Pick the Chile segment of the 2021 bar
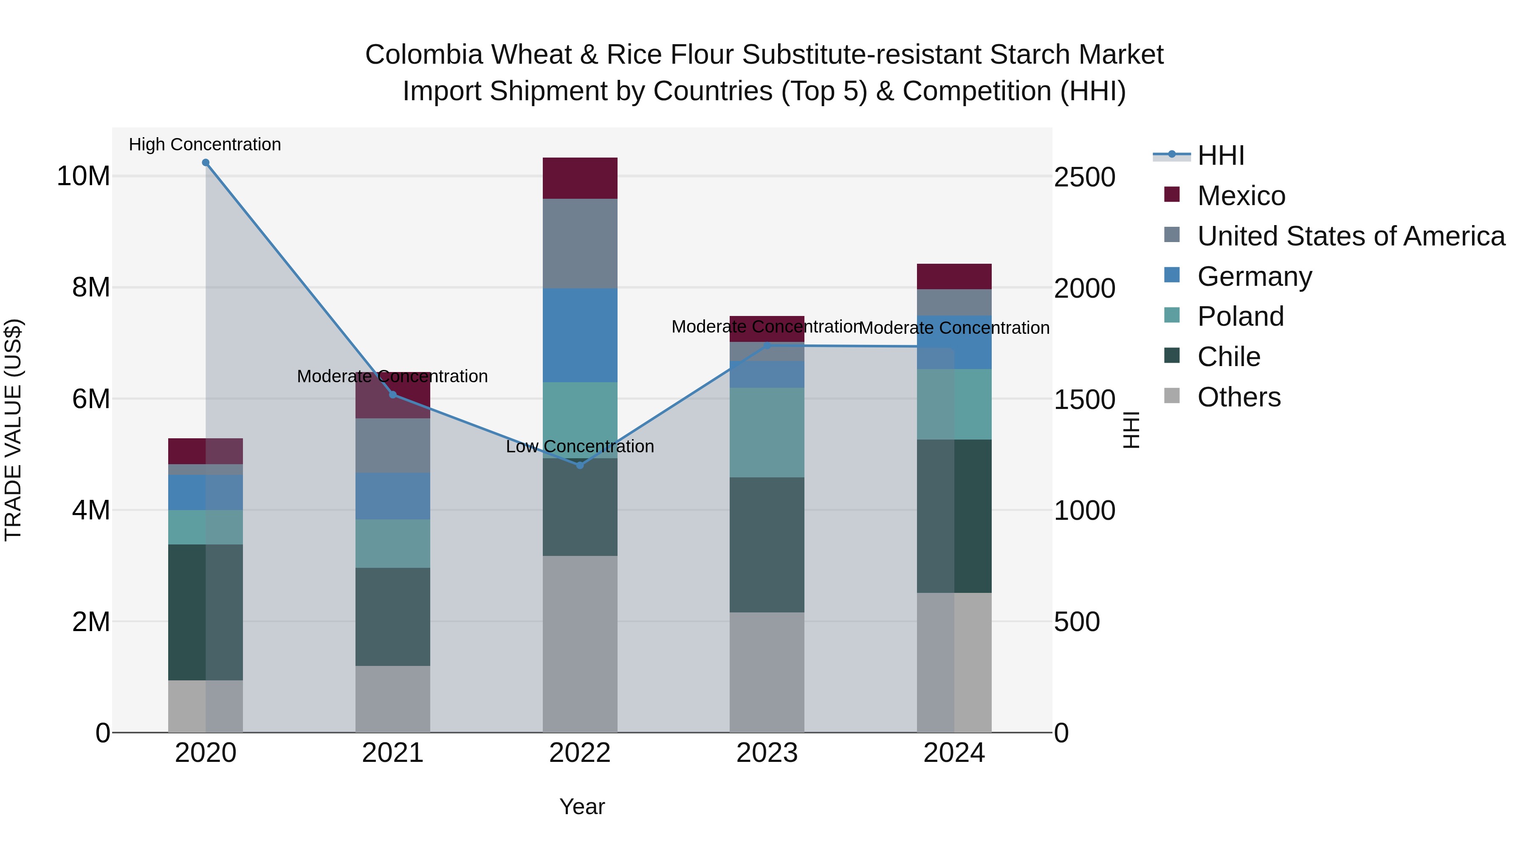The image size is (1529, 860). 392,617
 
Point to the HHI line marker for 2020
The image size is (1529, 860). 206,163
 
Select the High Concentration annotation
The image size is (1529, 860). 205,144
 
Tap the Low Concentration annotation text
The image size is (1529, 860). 580,446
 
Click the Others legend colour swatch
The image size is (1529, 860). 1172,396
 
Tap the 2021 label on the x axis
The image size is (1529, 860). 392,753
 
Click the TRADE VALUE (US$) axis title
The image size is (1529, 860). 13,430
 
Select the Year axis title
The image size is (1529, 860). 582,806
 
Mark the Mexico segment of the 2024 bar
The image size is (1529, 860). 954,276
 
